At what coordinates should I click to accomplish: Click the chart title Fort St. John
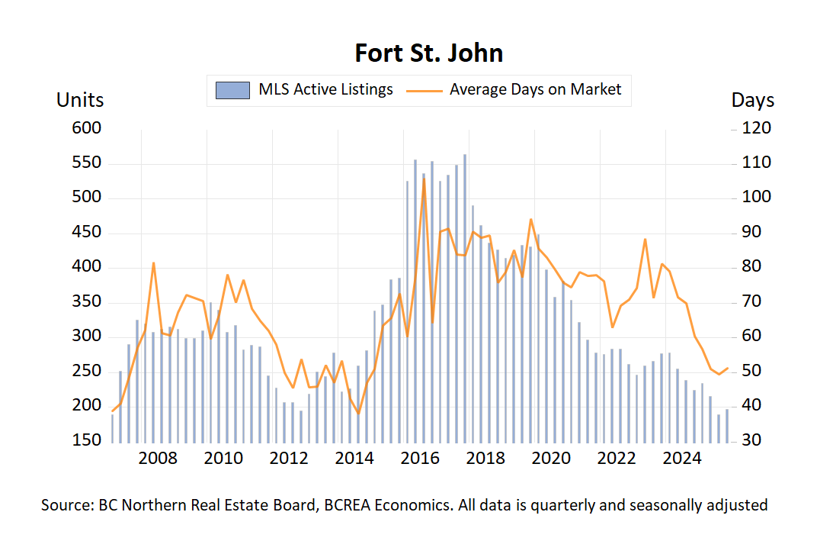pyautogui.click(x=429, y=53)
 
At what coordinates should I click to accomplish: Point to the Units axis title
pyautogui.click(x=80, y=100)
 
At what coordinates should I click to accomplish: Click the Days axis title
pyautogui.click(x=752, y=100)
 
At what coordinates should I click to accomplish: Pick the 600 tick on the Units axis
pyautogui.click(x=86, y=128)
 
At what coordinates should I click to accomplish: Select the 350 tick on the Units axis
pyautogui.click(x=86, y=302)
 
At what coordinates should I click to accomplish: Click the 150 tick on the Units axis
pyautogui.click(x=86, y=441)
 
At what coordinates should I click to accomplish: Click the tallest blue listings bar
pyautogui.click(x=465, y=298)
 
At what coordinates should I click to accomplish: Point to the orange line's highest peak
pyautogui.click(x=424, y=180)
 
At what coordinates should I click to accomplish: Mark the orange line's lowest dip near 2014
pyautogui.click(x=358, y=414)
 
